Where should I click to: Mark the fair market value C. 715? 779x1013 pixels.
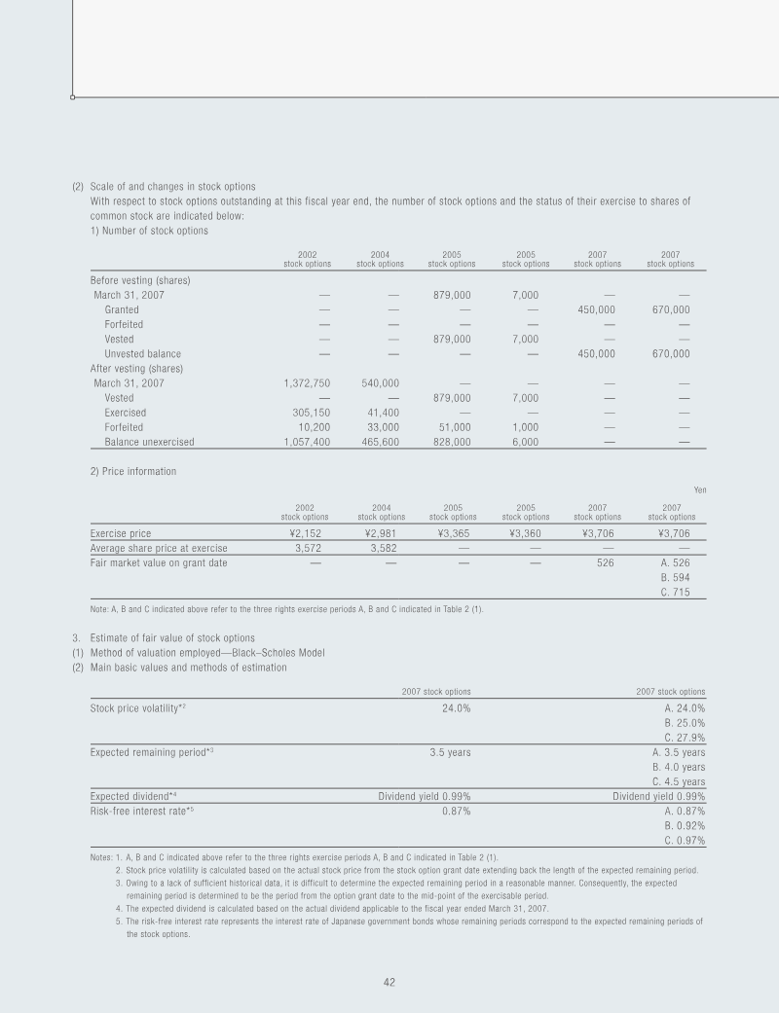click(x=676, y=592)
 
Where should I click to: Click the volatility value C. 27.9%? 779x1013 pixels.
click(x=685, y=737)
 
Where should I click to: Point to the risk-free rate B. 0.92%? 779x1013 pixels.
click(x=685, y=825)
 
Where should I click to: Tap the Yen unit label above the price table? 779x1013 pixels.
click(x=697, y=489)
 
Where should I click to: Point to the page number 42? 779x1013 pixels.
click(x=389, y=983)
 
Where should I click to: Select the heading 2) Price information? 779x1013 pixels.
click(x=132, y=472)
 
